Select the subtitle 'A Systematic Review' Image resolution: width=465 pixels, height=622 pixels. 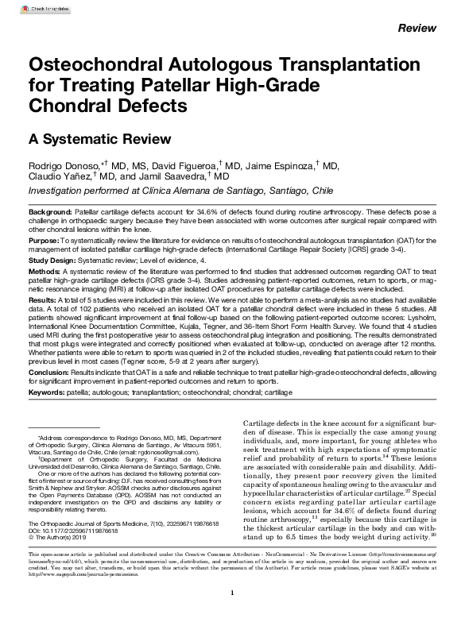(x=88, y=138)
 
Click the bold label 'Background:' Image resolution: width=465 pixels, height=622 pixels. (x=49, y=214)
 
